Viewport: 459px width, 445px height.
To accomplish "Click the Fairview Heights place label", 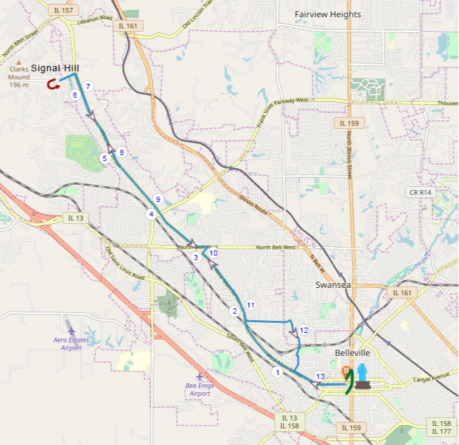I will [328, 15].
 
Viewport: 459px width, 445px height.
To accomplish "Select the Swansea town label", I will [332, 285].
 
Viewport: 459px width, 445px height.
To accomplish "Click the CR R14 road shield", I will [419, 192].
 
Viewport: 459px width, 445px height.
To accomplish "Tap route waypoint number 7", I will [88, 86].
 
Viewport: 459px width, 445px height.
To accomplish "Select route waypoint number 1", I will [277, 372].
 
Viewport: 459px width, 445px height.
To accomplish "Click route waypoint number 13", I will [320, 376].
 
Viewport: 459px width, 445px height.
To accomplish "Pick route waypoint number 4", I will [151, 214].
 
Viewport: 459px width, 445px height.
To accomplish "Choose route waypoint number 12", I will [304, 329].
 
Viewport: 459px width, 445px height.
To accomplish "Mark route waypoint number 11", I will [250, 304].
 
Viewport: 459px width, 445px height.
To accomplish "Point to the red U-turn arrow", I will [52, 85].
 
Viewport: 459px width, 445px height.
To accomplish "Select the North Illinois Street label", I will [349, 155].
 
